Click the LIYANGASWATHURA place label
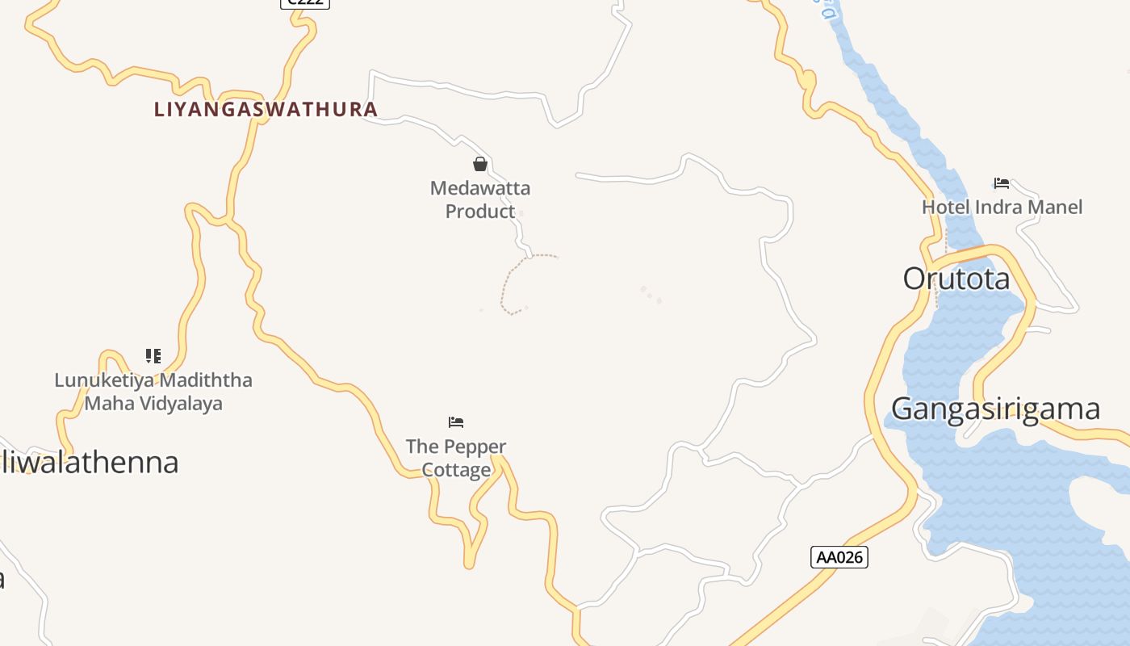coord(266,109)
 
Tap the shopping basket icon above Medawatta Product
coord(480,165)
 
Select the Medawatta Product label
coord(480,199)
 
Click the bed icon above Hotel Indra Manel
coord(1002,183)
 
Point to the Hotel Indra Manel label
coord(1002,207)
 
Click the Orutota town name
coord(956,279)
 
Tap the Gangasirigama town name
coord(995,409)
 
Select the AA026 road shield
coord(839,557)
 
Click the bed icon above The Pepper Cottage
coord(456,422)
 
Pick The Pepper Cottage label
coord(456,457)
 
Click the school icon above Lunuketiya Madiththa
coord(153,356)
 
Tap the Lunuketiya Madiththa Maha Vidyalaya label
coord(153,392)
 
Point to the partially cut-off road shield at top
coord(305,3)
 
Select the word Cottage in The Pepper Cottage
coord(456,469)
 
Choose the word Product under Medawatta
coord(480,212)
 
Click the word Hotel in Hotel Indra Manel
coord(946,207)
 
